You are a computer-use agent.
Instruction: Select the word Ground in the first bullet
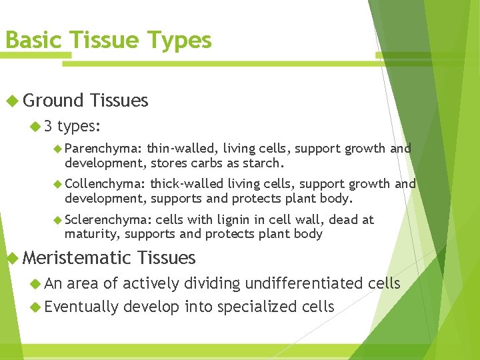point(53,101)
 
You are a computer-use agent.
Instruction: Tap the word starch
point(267,163)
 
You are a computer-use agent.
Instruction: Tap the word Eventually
point(82,307)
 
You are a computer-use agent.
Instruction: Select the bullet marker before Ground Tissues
point(12,101)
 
